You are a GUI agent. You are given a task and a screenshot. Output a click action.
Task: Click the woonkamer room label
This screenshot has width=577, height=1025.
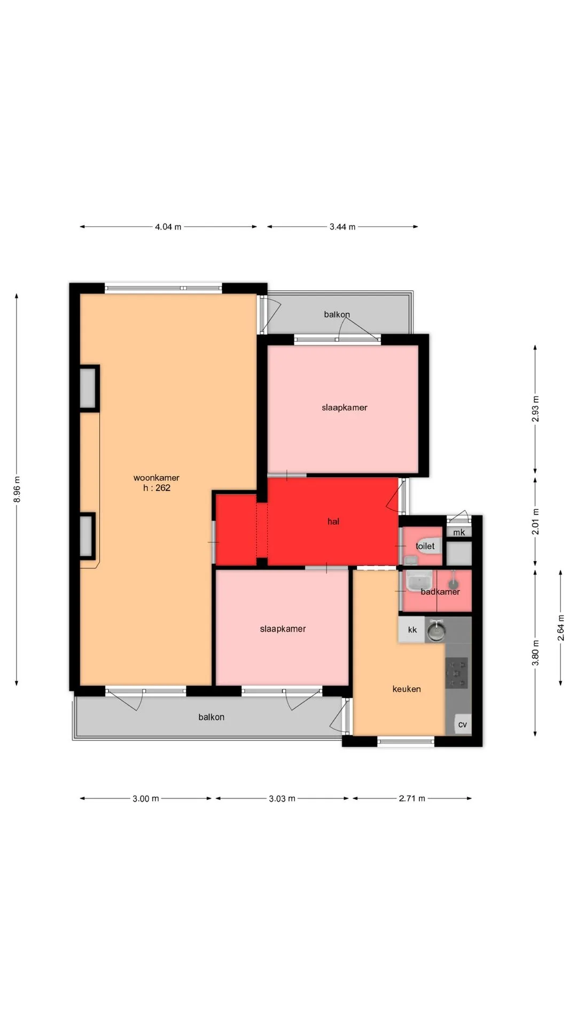tap(156, 478)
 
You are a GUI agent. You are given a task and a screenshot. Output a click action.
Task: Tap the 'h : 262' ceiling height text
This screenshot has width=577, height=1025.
tap(157, 488)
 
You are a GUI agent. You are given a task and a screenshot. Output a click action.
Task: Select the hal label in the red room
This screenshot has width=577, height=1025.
tap(333, 522)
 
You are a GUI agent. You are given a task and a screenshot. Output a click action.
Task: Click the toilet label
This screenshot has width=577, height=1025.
tap(425, 546)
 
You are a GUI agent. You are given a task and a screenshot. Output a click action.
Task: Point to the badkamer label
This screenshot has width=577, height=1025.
tap(440, 592)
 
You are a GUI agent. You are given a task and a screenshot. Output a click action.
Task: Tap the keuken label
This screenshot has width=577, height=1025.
tap(407, 689)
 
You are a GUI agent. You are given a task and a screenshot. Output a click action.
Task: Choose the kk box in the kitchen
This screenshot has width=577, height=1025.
tap(412, 630)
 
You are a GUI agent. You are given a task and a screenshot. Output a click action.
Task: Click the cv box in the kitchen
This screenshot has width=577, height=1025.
tap(463, 724)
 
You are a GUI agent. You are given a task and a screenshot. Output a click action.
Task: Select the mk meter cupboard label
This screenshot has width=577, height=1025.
tap(459, 532)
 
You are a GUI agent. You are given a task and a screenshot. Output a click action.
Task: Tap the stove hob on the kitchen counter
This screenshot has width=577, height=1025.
tap(457, 673)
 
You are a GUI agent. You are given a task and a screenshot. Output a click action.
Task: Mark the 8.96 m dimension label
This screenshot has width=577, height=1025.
tap(17, 489)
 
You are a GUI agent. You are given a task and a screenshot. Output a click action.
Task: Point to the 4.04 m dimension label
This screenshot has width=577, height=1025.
tap(168, 227)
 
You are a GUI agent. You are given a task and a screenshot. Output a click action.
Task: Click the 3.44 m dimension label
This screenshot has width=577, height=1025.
tap(342, 227)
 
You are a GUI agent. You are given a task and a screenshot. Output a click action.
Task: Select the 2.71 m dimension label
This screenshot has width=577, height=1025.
tap(412, 799)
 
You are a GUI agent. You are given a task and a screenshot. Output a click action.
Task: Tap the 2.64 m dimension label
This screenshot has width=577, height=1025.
tap(561, 628)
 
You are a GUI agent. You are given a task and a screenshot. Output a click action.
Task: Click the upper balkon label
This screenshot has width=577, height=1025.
tap(337, 314)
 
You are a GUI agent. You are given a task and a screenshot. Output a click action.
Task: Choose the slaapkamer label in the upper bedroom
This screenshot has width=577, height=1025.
tap(345, 408)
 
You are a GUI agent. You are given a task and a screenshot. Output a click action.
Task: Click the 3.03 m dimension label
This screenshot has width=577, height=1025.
tap(282, 799)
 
